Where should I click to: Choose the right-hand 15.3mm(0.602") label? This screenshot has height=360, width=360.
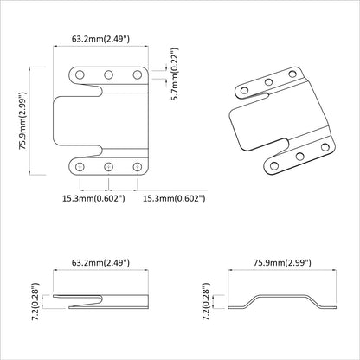coord(173,198)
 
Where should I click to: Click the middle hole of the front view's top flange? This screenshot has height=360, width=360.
coord(109,75)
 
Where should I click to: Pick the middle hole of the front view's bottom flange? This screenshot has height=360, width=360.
coord(109,165)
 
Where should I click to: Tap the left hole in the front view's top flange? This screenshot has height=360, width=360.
coord(80,75)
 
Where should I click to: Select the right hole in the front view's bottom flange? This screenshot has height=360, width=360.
coord(137,165)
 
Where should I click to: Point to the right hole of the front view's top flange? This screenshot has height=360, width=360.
coord(137,75)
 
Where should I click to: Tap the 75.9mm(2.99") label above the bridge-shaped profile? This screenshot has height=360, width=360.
coord(281,260)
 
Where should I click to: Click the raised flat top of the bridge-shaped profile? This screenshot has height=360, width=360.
coord(280,297)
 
